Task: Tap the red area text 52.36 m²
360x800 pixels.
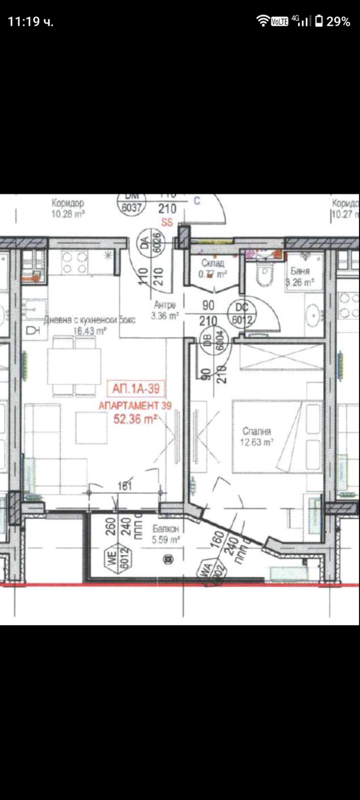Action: tap(135, 419)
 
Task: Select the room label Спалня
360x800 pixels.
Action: tap(256, 431)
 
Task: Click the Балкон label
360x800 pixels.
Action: tap(165, 529)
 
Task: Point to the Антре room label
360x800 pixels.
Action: tap(165, 305)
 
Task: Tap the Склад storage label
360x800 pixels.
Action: tap(213, 263)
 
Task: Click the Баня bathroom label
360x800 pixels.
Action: tap(300, 271)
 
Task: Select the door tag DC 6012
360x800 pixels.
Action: tap(242, 313)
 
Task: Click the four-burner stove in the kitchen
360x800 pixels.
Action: tap(74, 262)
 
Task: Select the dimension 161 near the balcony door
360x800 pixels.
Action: tap(125, 486)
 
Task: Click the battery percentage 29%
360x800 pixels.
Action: tap(338, 21)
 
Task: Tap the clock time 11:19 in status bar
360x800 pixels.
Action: tap(25, 21)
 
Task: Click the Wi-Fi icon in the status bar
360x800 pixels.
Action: tap(263, 21)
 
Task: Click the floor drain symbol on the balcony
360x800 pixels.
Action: tap(169, 560)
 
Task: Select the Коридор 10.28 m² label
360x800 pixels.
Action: tap(68, 208)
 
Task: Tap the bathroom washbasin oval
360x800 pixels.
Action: tap(312, 316)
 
